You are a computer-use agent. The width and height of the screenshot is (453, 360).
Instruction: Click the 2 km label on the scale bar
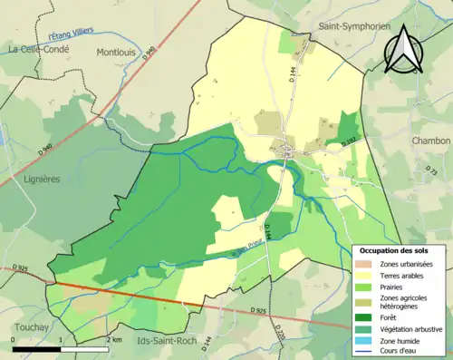pos(113,339)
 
